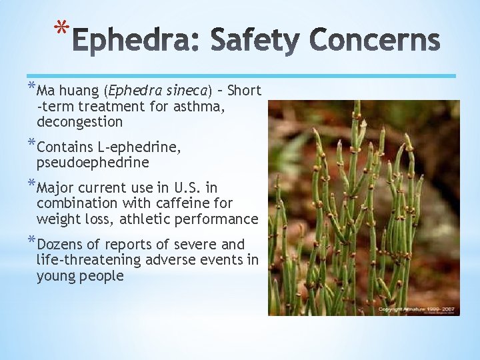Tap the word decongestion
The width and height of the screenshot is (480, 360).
(80, 122)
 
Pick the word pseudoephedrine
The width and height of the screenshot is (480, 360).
(93, 163)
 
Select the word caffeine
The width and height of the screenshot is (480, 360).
(191, 203)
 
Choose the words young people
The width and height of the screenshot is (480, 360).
(80, 276)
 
